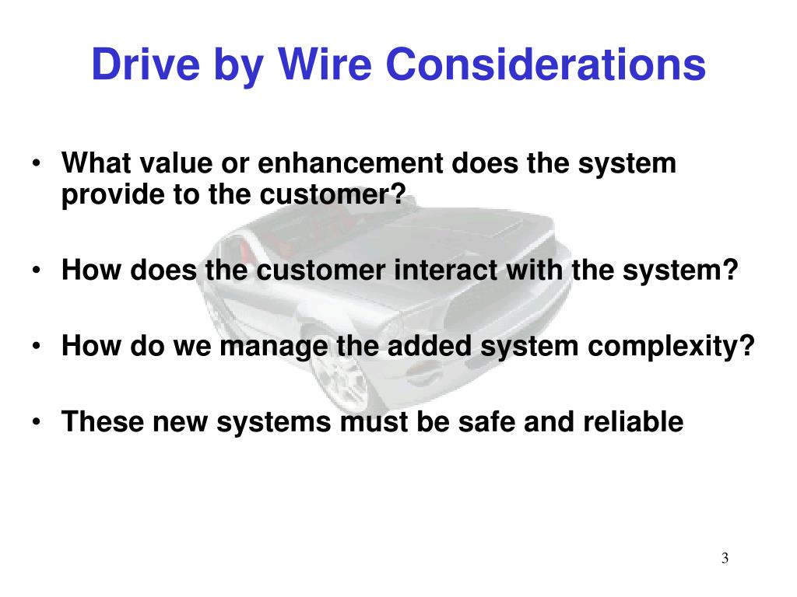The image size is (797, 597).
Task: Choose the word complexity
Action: pos(670,346)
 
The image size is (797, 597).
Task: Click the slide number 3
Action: pos(725,558)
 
